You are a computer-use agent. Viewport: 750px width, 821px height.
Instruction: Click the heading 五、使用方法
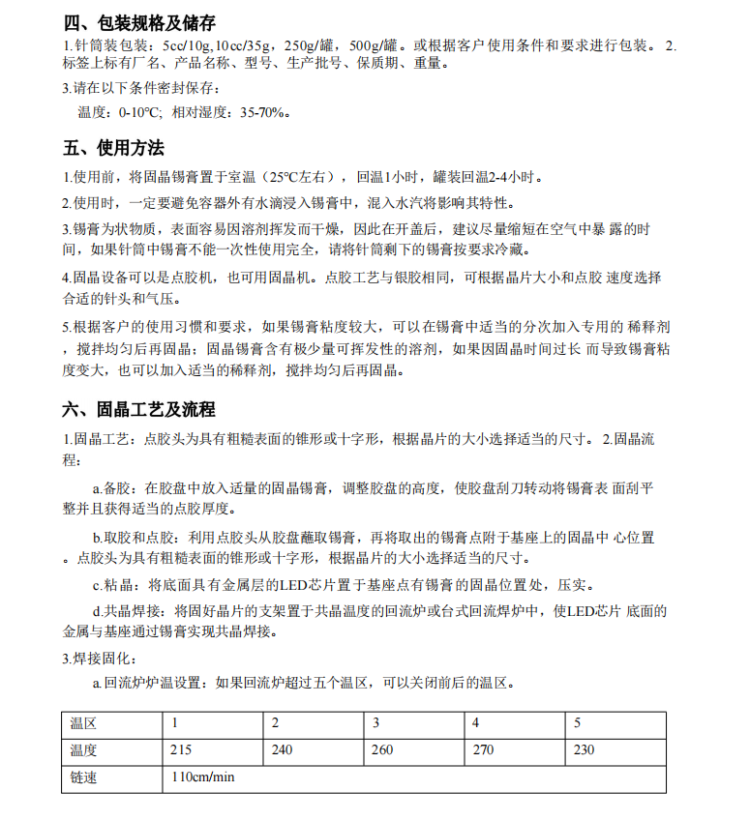point(113,148)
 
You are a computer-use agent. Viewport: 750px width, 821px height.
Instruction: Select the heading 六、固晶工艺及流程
point(139,410)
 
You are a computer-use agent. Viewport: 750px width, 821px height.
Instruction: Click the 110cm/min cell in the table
point(203,777)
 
